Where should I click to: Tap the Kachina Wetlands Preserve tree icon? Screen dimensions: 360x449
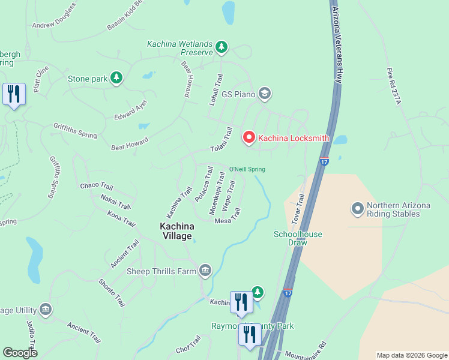tap(221, 46)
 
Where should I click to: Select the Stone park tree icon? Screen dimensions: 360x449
tap(116, 78)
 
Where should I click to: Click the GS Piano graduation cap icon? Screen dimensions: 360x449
tap(265, 94)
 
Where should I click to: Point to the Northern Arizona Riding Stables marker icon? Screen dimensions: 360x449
tap(358, 209)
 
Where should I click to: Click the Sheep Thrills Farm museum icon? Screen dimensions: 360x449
tap(206, 271)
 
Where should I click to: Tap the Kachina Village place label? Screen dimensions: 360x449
tap(176, 231)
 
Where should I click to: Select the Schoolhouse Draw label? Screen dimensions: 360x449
tap(291, 238)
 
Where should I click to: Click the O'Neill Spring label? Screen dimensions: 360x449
tap(247, 169)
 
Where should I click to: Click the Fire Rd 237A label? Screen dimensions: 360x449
tap(394, 85)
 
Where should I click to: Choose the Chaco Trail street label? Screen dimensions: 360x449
tap(97, 186)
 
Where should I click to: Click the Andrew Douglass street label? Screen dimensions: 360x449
tap(54, 16)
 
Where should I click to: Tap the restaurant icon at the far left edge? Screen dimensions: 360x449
tap(14, 95)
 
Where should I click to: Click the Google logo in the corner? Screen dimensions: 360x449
tap(20, 353)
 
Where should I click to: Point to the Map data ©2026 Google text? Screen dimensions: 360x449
tap(411, 355)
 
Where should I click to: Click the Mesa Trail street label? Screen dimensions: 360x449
tap(228, 217)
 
